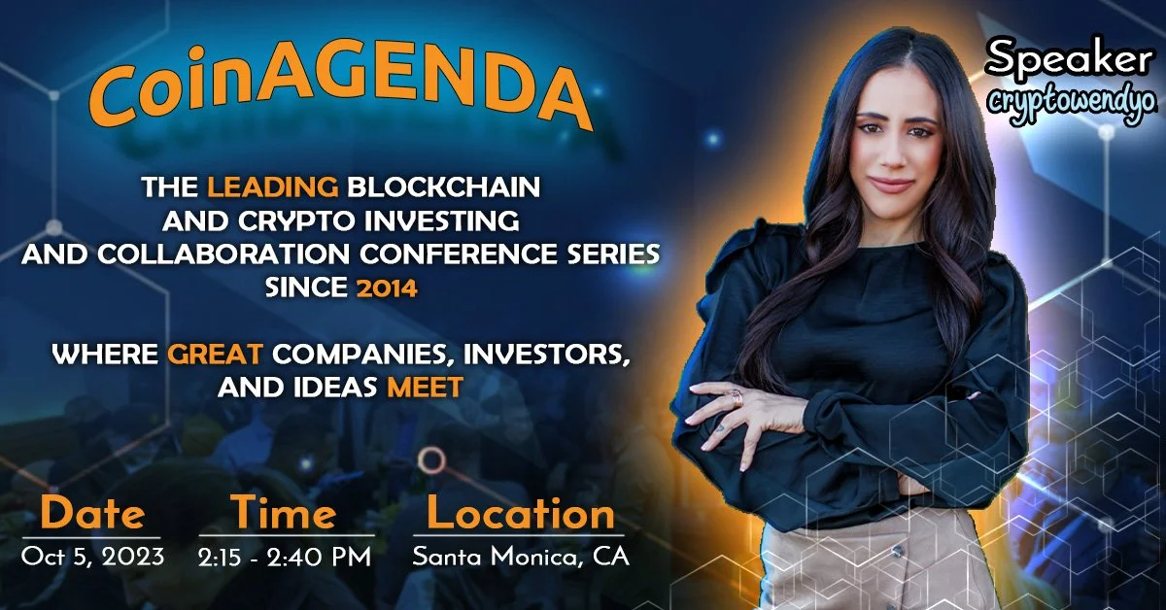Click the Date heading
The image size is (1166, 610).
pos(92,514)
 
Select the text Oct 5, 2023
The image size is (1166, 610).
pos(92,558)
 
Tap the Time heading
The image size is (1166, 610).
pos(283,514)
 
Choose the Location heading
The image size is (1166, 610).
pos(521,514)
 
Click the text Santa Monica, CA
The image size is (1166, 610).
pos(521,558)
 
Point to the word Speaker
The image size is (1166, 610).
pos(1068,61)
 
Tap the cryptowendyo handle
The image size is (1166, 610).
pos(1068,101)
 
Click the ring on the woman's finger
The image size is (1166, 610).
pos(737,396)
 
